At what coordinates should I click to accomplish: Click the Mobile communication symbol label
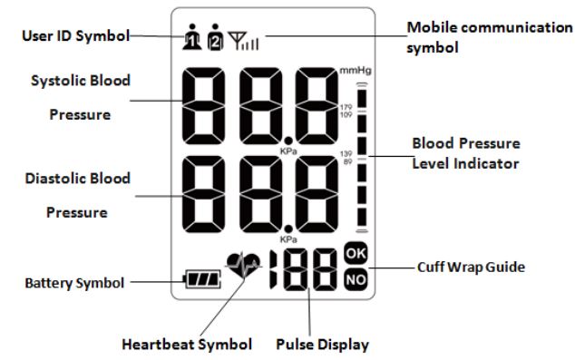coord(489,35)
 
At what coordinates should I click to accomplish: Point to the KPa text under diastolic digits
coord(289,239)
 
